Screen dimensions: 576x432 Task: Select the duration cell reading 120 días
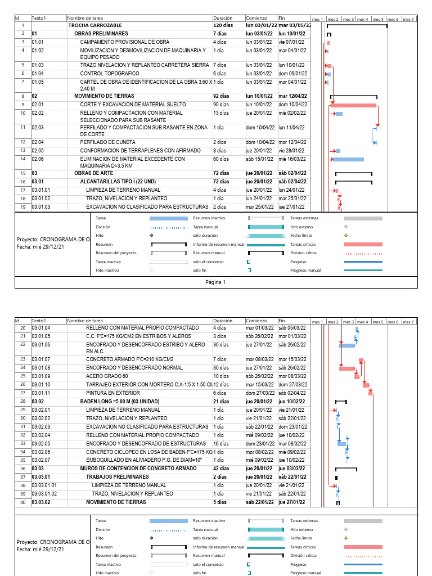point(223,25)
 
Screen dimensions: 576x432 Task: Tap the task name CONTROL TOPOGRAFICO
point(110,73)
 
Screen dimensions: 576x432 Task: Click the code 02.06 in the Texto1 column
point(38,159)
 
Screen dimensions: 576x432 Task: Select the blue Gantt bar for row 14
point(348,159)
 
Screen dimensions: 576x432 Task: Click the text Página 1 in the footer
point(215,282)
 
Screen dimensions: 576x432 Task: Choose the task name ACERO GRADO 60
point(107,376)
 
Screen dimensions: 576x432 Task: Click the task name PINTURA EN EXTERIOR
point(112,393)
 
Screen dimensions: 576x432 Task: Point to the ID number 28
point(23,401)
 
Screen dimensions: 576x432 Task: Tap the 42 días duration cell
point(222,468)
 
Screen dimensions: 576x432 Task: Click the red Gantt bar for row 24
point(346,368)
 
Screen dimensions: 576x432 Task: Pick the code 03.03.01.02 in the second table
point(44,493)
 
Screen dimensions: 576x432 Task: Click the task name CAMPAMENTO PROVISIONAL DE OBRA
point(124,42)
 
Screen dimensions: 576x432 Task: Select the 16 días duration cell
point(221,443)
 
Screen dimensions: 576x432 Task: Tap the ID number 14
point(23,159)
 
